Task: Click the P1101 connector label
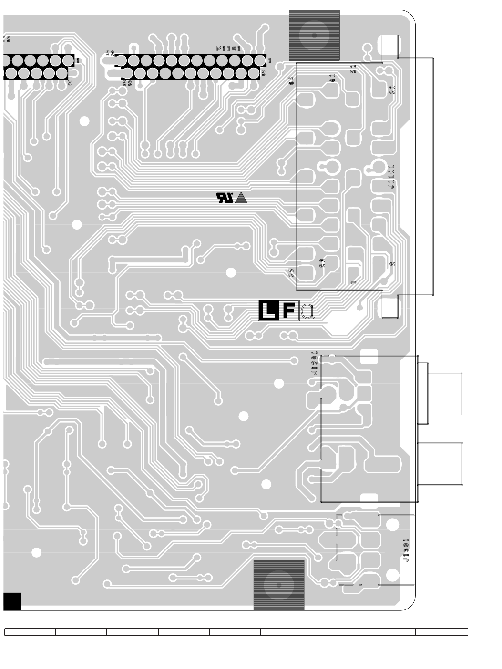(228, 49)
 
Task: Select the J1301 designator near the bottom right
(406, 550)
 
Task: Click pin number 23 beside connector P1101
(110, 54)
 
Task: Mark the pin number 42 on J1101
(292, 81)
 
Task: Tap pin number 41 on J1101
(332, 78)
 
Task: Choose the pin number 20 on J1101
(392, 90)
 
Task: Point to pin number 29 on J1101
(322, 263)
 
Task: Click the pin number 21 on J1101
(353, 69)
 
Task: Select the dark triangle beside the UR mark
(242, 198)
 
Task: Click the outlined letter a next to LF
(308, 311)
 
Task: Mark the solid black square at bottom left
(12, 601)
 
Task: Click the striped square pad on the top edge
(314, 35)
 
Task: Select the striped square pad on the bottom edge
(279, 585)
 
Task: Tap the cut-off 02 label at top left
(7, 39)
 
